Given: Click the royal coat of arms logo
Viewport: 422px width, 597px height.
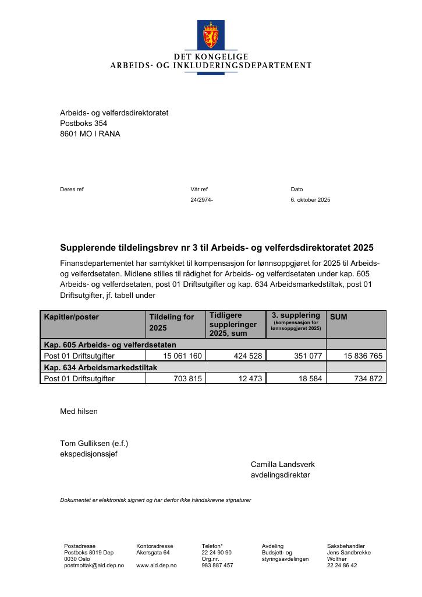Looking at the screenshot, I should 211,34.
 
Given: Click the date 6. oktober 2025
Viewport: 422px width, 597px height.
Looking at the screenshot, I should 310,200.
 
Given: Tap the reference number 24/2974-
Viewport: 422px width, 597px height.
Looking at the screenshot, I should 201,200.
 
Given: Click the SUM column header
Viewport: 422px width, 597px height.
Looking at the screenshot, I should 339,317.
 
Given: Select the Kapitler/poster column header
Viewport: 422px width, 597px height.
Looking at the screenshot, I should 72,317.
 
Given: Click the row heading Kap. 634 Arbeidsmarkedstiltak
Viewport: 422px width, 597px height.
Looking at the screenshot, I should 100,367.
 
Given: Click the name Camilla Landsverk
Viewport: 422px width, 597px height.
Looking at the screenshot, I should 282,465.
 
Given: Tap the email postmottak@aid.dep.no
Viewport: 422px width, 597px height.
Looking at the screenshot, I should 94,566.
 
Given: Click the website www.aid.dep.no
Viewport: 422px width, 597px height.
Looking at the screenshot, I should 153,566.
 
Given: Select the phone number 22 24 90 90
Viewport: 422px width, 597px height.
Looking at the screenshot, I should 217,552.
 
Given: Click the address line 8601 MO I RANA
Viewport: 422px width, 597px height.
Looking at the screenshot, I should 90,134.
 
